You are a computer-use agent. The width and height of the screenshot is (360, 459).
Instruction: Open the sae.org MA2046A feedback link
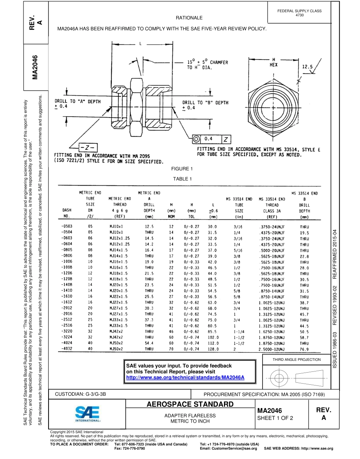185,378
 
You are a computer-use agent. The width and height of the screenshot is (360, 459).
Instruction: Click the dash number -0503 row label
67,226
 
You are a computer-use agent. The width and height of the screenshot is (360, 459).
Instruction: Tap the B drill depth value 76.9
304,349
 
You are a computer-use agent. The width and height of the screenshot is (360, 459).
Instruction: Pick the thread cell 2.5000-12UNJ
272,349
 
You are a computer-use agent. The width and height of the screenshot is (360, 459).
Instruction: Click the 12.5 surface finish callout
307,66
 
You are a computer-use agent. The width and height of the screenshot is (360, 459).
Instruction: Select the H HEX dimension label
273,62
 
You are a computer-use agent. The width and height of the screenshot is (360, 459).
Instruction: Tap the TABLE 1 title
182,179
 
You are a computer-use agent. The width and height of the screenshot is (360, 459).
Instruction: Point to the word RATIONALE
189,18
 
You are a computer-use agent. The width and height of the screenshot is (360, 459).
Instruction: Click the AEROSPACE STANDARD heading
190,404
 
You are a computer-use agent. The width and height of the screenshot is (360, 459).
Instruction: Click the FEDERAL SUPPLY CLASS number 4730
299,15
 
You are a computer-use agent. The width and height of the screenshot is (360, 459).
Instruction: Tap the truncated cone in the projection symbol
310,378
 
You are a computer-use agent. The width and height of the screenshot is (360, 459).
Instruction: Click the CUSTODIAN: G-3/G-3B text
80,394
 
